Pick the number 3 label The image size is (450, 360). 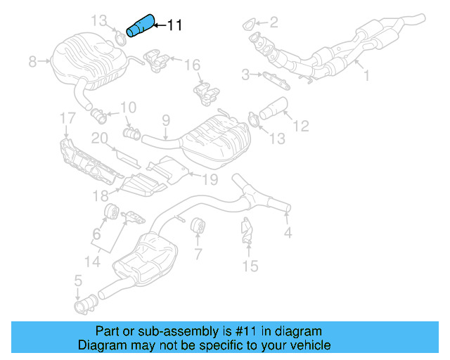(245, 73)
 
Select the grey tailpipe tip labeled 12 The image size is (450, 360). (274, 111)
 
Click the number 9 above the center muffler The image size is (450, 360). (166, 120)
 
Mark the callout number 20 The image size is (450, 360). (100, 139)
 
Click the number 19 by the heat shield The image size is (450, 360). (210, 179)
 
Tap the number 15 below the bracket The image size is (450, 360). (250, 266)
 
